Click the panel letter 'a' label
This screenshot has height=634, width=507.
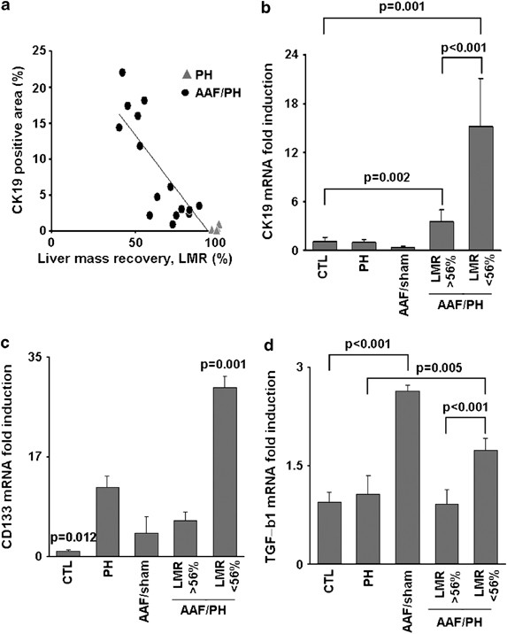pos(8,8)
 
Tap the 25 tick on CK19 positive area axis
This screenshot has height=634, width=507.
pos(39,52)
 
